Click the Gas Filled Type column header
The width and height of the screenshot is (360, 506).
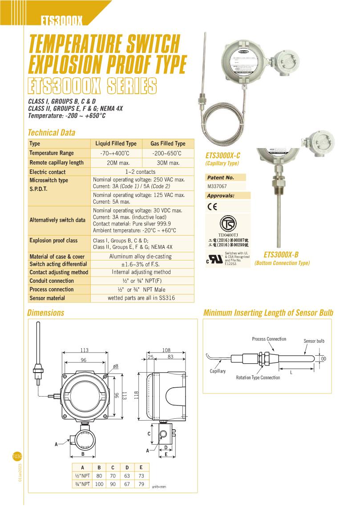[x=168, y=144]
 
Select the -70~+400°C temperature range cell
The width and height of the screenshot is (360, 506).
[x=116, y=153]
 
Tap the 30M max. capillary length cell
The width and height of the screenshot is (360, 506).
[x=168, y=163]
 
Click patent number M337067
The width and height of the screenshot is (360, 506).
[x=217, y=187]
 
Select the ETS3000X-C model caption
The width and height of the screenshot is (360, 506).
[x=223, y=156]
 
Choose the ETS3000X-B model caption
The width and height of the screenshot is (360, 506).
[x=281, y=255]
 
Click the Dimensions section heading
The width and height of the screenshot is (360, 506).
[x=46, y=313]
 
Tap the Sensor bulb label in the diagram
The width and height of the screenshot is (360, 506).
[x=314, y=341]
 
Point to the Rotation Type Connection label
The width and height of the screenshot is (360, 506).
[x=258, y=377]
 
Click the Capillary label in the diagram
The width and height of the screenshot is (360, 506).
[x=218, y=371]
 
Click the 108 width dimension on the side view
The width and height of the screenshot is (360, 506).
[x=166, y=349]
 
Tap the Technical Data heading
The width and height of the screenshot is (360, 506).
[x=52, y=133]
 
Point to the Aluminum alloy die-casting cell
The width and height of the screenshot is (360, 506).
[x=141, y=257]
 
